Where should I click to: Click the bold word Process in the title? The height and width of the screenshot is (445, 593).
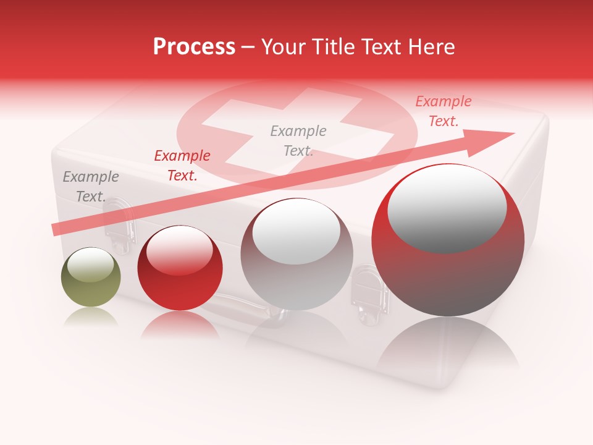(x=194, y=47)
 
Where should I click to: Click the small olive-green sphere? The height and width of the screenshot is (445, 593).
(x=91, y=278)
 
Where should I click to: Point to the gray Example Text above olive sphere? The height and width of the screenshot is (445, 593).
(x=91, y=187)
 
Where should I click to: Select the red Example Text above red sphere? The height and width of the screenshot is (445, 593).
(x=182, y=166)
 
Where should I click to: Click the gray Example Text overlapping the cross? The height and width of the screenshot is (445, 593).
(x=298, y=141)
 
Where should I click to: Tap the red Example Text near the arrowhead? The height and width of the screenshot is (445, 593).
(x=443, y=111)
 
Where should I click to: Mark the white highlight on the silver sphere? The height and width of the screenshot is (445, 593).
(x=296, y=231)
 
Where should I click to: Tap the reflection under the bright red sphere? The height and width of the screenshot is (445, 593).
(x=180, y=324)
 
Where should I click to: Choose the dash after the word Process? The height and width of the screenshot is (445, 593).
(x=248, y=47)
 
